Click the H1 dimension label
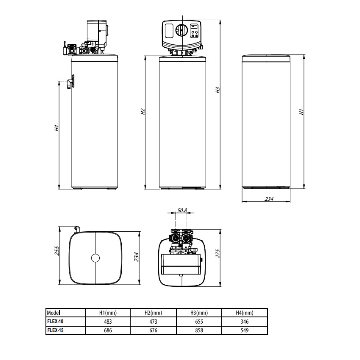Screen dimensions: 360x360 (x=301, y=112)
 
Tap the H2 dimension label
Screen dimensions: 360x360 (x=143, y=112)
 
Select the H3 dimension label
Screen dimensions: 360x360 (x=218, y=90)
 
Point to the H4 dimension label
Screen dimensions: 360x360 (x=57, y=128)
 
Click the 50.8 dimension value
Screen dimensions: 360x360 (x=182, y=210)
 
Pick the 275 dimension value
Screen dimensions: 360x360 (x=218, y=253)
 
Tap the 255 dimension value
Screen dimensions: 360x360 (x=57, y=251)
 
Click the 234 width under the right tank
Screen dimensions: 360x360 (x=269, y=199)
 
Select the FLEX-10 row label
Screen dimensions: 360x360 (x=55, y=321)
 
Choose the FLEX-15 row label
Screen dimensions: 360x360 (x=55, y=330)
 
